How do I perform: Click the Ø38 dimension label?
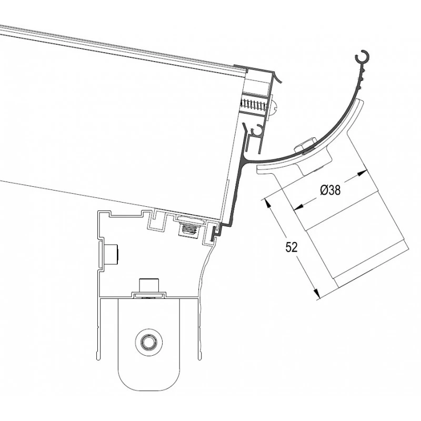pos(330,190)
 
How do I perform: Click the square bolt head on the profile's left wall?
pos(112,255)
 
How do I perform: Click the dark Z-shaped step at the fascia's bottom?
pos(216,232)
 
